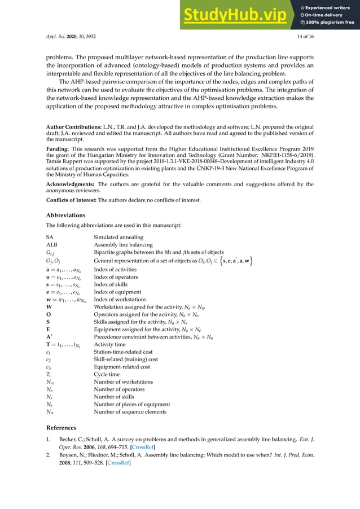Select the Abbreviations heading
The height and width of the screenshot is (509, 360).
(x=65, y=214)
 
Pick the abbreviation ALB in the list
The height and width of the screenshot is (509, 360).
(x=51, y=245)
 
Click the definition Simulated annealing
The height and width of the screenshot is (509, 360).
(x=118, y=237)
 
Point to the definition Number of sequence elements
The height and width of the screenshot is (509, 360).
(x=130, y=412)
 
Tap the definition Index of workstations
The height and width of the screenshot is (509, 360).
(x=120, y=300)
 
